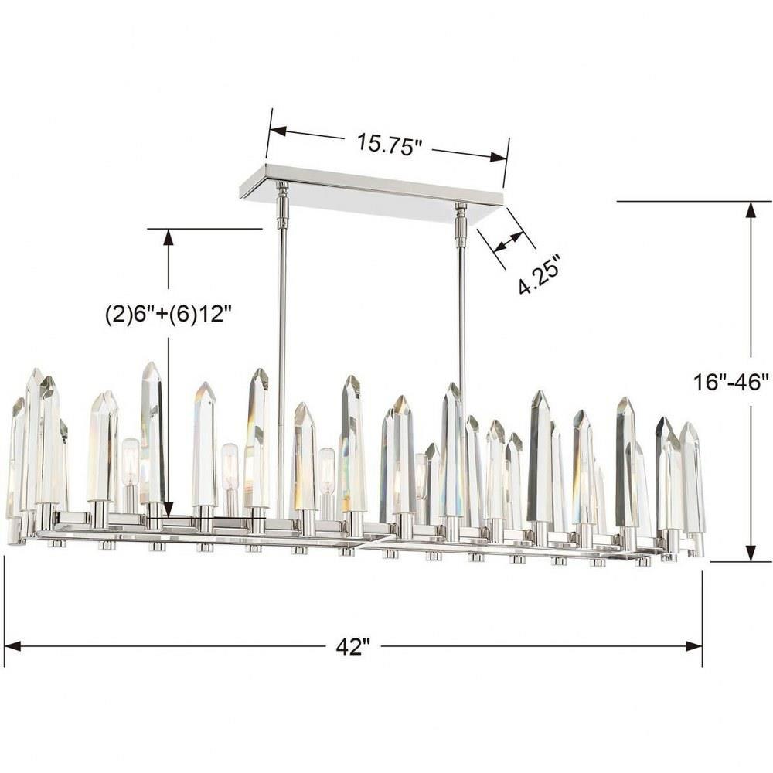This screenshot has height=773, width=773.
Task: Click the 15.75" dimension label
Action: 390,144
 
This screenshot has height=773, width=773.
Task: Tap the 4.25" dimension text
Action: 540,275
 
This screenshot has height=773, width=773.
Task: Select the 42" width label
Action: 353,646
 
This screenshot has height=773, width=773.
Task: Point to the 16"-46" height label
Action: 731,382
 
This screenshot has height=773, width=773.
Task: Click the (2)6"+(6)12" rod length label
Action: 169,314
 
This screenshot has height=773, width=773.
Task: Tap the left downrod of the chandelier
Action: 282,350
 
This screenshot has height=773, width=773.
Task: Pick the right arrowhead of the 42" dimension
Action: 694,645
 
